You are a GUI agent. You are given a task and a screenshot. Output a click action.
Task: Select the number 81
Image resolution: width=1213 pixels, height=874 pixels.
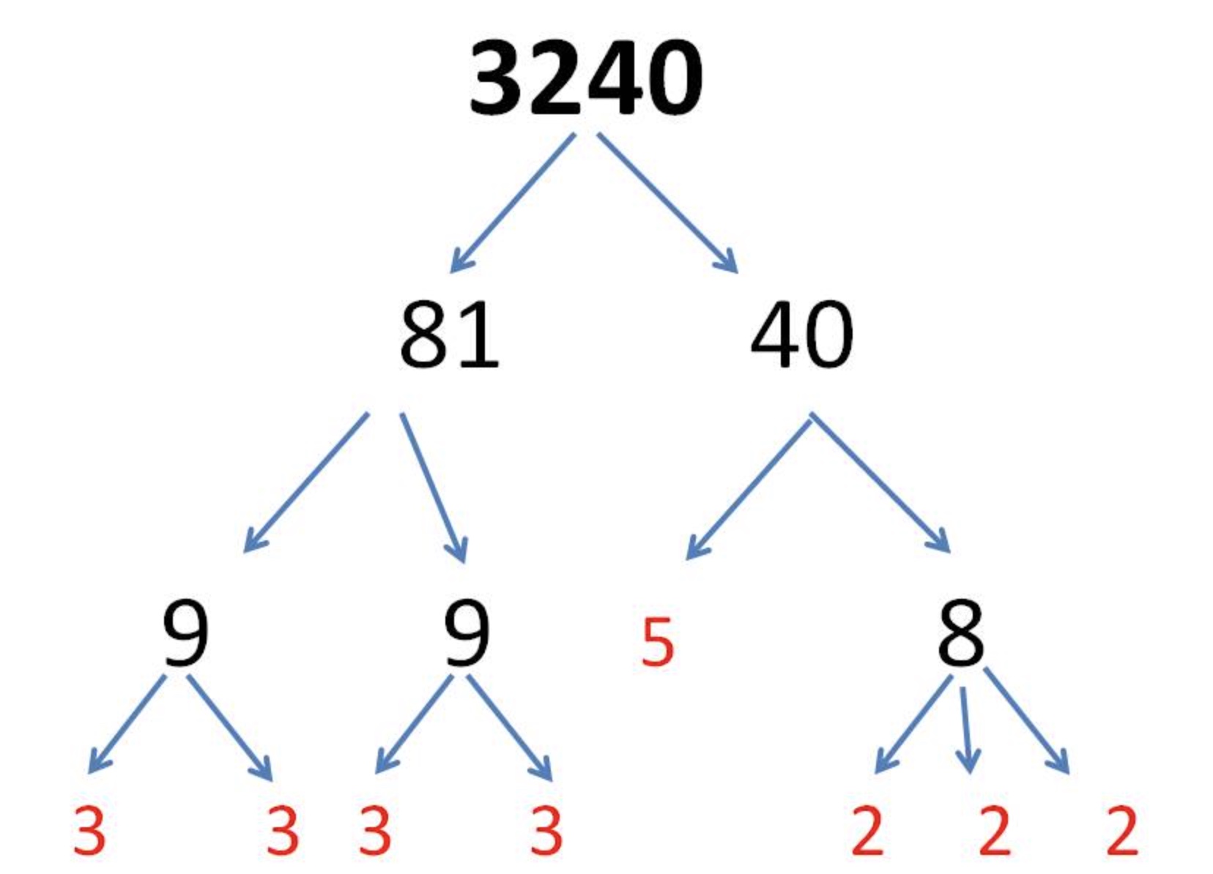point(449,335)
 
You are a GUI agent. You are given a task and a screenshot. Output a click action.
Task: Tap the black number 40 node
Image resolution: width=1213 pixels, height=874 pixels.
point(802,335)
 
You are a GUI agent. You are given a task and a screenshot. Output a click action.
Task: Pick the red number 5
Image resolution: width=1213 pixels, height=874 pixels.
point(657,643)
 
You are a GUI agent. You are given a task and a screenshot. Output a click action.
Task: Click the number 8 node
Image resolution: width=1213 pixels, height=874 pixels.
point(961,634)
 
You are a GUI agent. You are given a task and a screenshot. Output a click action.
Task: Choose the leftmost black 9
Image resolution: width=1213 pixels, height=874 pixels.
point(185,634)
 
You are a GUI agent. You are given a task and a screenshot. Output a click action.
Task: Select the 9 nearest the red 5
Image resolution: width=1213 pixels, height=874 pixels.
point(466,634)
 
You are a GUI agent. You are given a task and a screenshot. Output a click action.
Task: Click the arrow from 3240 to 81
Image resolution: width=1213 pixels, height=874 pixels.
point(513,202)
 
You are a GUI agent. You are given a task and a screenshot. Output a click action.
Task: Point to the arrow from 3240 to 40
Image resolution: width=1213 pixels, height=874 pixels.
point(667,202)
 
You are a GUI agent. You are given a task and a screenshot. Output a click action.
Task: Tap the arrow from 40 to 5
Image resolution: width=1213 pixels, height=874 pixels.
point(749,486)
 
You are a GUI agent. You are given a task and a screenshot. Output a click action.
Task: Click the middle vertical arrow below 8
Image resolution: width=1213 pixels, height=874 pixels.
point(966,729)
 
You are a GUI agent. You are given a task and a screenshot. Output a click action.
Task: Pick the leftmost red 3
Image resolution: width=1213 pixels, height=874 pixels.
point(89,830)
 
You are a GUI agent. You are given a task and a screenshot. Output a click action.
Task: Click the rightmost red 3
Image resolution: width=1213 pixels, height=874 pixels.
point(546,830)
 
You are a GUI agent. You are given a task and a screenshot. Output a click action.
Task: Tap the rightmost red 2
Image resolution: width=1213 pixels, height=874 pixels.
point(1122,830)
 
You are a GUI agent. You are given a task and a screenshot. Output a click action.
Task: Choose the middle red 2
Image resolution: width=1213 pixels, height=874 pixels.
point(995,830)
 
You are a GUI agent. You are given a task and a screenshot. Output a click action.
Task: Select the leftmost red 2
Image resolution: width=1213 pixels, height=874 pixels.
point(867,830)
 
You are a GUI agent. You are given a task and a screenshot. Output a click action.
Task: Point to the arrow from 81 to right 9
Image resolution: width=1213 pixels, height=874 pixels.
point(433,488)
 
